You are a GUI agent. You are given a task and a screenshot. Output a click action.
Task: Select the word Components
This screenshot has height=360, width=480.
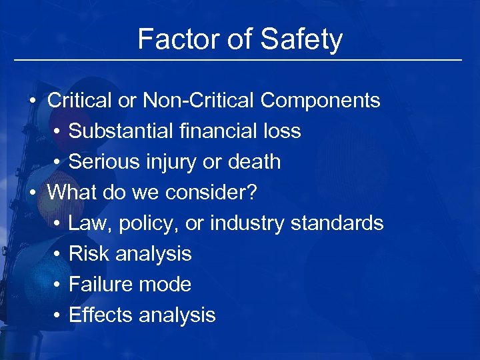point(321,101)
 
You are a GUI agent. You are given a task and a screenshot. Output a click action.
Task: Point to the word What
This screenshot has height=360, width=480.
point(69,193)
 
